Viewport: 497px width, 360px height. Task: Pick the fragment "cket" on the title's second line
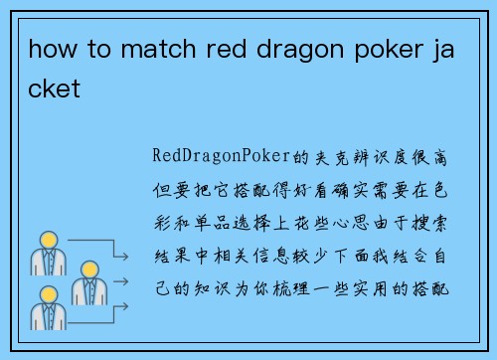(54, 89)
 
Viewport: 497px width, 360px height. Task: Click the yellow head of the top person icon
(47, 240)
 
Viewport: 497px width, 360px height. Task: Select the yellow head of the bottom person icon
(47, 295)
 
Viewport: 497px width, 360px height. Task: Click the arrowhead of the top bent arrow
(125, 256)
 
